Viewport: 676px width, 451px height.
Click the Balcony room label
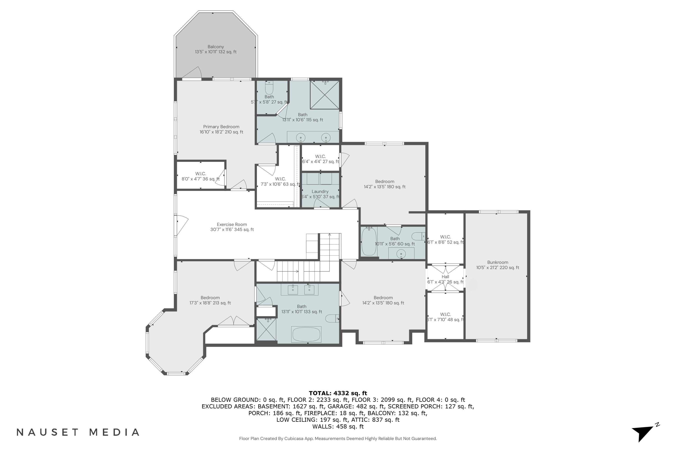pos(216,47)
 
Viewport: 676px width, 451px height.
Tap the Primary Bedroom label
pos(221,127)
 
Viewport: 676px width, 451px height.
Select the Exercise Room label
pos(232,224)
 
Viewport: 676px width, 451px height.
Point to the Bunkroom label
pos(498,262)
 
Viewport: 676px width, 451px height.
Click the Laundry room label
pos(320,191)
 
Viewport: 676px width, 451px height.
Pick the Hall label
pos(445,277)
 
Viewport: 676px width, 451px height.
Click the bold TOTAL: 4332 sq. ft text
pos(338,393)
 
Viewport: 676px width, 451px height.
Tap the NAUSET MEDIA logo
pos(78,432)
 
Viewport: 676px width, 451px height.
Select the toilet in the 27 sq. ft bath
pos(269,87)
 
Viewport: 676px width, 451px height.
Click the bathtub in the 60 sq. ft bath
pos(369,241)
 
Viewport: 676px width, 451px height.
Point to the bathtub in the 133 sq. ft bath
pos(306,334)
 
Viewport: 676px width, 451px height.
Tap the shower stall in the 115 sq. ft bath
pos(324,95)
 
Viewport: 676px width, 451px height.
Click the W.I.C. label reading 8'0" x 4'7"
pos(200,176)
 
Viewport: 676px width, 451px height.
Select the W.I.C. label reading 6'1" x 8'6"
pos(445,239)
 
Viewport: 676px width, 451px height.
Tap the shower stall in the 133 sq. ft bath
pos(266,331)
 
